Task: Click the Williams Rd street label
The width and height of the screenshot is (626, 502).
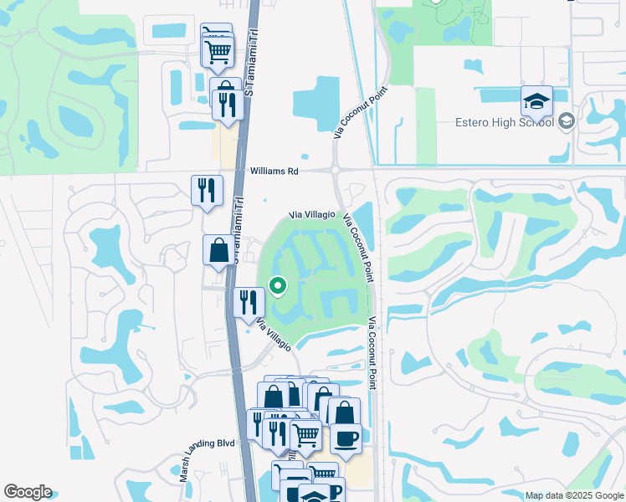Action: [x=274, y=171]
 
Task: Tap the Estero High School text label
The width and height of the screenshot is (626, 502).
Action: [x=504, y=122]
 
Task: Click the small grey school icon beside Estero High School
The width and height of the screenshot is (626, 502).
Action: [x=566, y=122]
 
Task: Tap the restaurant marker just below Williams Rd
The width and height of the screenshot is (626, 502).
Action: [x=207, y=191]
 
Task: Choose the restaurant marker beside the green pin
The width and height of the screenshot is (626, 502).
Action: [x=249, y=303]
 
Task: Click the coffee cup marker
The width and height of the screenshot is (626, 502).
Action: [x=346, y=436]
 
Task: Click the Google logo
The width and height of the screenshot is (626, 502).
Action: [x=28, y=492]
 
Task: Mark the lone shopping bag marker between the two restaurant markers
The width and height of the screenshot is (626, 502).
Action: [x=219, y=250]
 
